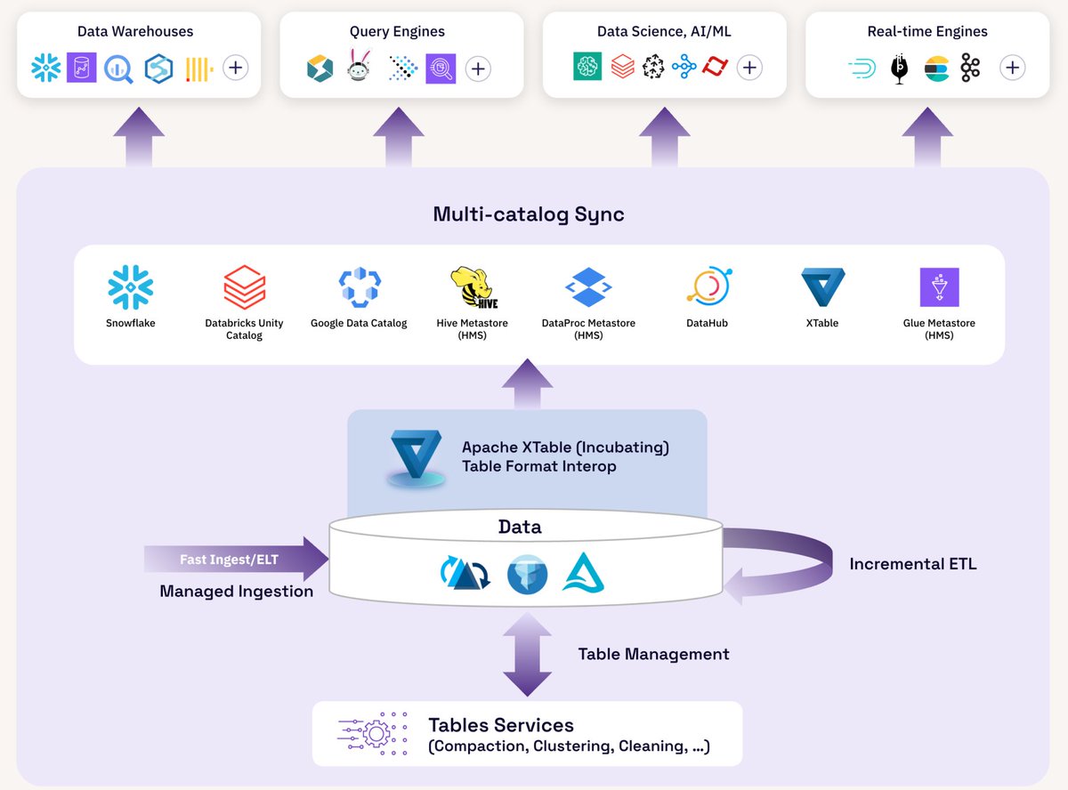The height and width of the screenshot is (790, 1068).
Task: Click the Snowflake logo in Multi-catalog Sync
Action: (131, 287)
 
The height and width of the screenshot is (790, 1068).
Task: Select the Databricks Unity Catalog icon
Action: (244, 287)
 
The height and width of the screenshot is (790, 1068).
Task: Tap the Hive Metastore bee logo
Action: (473, 287)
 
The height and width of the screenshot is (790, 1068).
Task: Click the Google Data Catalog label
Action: (359, 323)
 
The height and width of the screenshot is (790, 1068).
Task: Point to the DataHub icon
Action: (708, 286)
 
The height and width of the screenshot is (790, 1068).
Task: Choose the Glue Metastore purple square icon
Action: (939, 287)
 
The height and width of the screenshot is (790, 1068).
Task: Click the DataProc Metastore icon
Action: (588, 287)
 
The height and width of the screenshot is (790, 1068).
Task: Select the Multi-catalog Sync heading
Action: (528, 214)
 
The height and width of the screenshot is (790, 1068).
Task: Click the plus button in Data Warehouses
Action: (235, 68)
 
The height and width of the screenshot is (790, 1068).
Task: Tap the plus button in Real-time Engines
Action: (1012, 68)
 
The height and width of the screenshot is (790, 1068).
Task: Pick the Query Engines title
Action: (397, 31)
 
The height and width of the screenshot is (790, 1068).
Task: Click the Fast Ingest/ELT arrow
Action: (236, 559)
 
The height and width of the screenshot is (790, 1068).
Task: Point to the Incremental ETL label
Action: (912, 564)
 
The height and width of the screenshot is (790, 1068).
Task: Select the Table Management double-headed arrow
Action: (528, 654)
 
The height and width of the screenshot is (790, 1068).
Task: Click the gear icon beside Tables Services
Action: (373, 734)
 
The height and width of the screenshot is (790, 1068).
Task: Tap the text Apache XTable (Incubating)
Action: (565, 447)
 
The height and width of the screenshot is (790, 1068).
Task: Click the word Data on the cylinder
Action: (520, 527)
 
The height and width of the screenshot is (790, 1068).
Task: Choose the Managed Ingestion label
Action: (236, 592)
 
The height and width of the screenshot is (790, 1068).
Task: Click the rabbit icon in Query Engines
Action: (358, 67)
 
